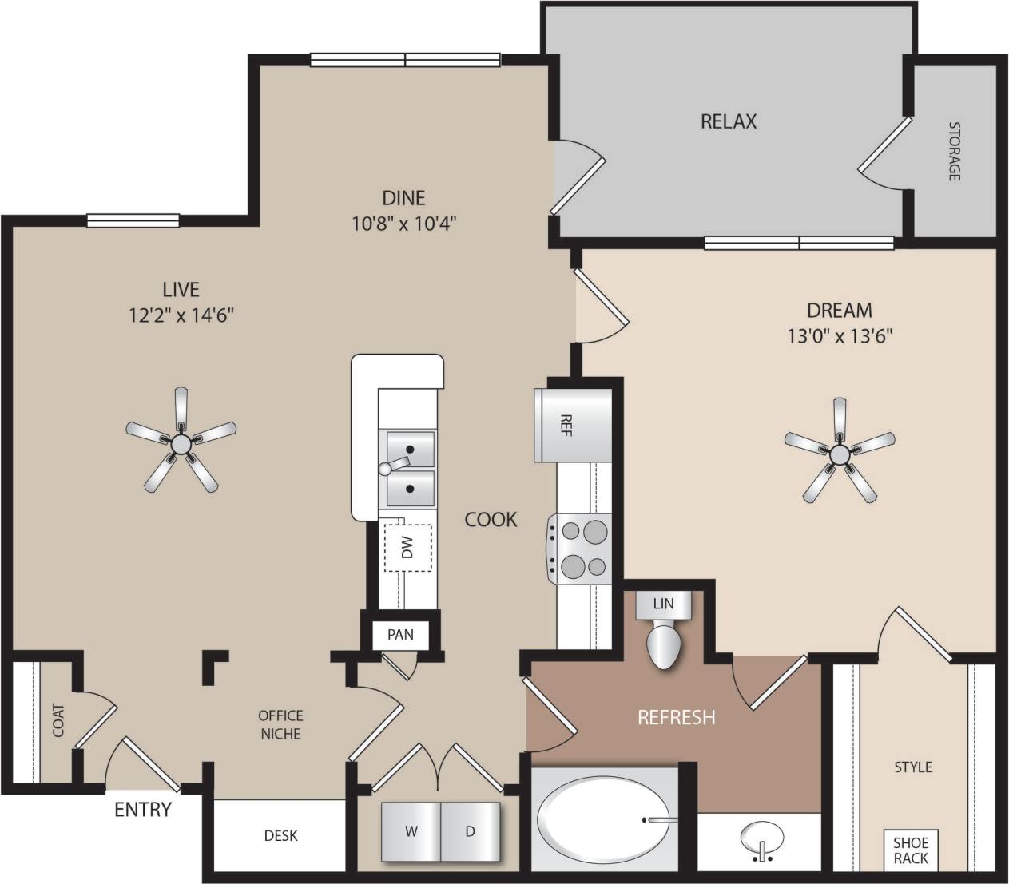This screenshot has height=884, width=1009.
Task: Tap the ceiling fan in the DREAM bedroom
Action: click(839, 453)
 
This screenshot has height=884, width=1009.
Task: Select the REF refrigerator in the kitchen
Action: click(573, 424)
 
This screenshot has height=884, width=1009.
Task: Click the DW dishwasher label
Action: click(407, 548)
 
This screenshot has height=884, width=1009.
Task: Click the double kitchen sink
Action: click(411, 468)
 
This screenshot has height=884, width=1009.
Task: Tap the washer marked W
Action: click(411, 831)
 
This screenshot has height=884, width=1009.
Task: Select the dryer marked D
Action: click(471, 831)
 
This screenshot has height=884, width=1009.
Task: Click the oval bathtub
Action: click(604, 819)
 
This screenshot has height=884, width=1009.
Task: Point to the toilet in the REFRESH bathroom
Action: click(664, 645)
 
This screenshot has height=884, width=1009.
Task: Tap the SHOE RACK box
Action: click(910, 850)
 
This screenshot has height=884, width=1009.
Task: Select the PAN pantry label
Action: click(400, 635)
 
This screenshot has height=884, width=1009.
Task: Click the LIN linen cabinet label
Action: click(664, 604)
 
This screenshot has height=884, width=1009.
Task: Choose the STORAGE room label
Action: click(954, 150)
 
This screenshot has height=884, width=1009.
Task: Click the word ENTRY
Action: click(143, 810)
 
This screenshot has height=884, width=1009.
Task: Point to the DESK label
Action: click(280, 836)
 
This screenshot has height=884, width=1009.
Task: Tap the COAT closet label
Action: click(58, 719)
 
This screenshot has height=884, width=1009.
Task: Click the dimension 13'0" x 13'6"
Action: click(840, 336)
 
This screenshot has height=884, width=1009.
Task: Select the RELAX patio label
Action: click(728, 121)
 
